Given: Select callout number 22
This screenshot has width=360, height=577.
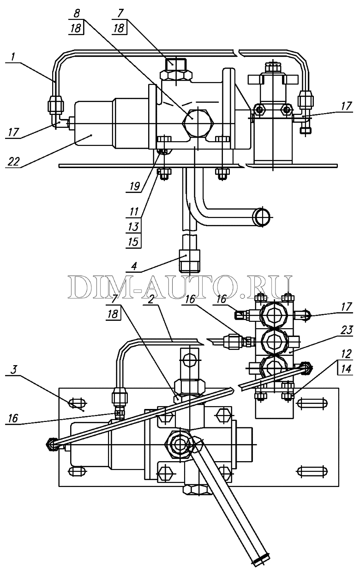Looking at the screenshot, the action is [x=13, y=162].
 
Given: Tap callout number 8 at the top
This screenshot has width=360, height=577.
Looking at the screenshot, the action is [x=77, y=13].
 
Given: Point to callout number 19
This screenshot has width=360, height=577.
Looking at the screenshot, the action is [x=134, y=186].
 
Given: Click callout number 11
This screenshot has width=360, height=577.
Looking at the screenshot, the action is [x=134, y=212].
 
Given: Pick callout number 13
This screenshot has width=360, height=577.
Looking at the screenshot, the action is [x=133, y=227].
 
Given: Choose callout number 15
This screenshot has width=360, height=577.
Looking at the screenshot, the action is [x=133, y=242].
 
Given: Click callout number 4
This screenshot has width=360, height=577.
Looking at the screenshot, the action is [x=134, y=266].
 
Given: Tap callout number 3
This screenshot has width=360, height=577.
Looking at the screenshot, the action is [x=13, y=370].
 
